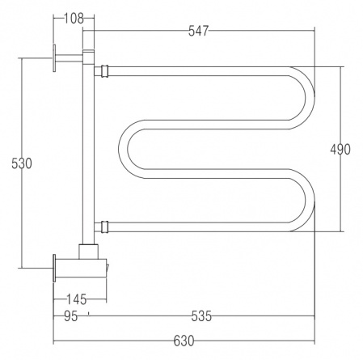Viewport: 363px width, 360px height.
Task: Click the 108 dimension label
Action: click(x=74, y=19)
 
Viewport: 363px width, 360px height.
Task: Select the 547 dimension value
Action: click(x=198, y=31)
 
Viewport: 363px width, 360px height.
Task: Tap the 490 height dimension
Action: click(x=340, y=150)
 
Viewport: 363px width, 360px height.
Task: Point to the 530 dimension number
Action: click(x=22, y=163)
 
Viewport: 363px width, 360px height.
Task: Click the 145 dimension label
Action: click(x=77, y=299)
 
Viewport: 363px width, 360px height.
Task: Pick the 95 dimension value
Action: click(x=71, y=316)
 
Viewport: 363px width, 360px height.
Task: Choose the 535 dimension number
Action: click(x=201, y=316)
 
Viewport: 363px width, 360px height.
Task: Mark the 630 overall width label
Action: click(x=184, y=341)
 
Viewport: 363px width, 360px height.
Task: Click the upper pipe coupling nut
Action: click(x=104, y=71)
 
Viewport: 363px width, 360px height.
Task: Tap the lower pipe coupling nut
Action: click(x=104, y=227)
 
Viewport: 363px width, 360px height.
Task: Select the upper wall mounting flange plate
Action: click(x=54, y=58)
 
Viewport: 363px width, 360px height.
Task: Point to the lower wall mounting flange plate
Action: click(x=54, y=268)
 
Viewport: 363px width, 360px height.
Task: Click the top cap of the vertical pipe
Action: click(x=88, y=51)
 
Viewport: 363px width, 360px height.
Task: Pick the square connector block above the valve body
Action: click(x=88, y=252)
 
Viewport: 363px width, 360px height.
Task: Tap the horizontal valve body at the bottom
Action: click(x=81, y=268)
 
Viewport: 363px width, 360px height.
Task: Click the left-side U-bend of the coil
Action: click(x=123, y=149)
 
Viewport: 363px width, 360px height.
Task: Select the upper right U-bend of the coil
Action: click(x=310, y=98)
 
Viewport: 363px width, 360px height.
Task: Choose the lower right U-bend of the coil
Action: click(x=310, y=200)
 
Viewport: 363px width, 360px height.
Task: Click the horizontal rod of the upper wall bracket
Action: click(x=69, y=58)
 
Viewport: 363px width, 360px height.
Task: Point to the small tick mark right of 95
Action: click(x=88, y=313)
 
